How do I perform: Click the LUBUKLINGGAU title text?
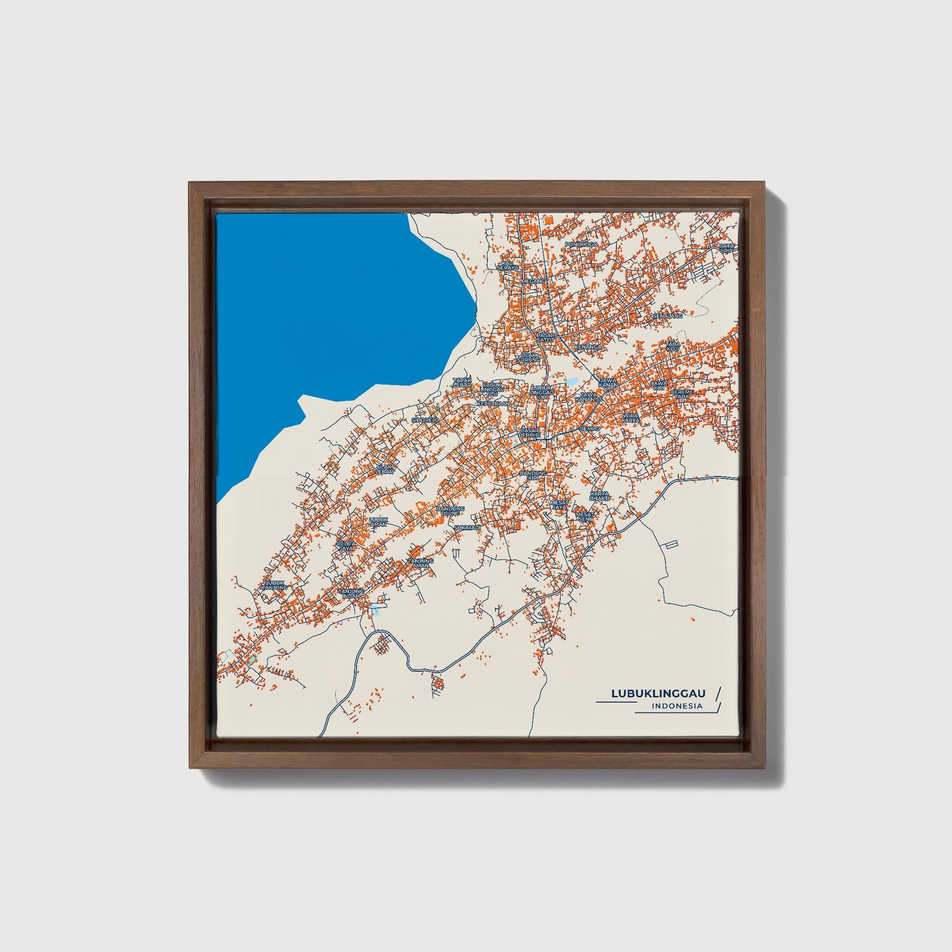[658, 693]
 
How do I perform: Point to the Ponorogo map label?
[581, 244]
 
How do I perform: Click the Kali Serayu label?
[508, 265]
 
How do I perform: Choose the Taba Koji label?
[672, 346]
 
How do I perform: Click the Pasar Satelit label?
[546, 337]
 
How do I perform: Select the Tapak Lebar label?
[462, 382]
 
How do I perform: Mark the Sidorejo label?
[425, 419]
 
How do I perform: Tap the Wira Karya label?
[631, 418]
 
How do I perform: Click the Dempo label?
[590, 429]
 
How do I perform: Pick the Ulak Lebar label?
[383, 470]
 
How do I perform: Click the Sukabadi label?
[468, 527]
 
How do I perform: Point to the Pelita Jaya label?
[345, 546]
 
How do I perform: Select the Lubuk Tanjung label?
[273, 585]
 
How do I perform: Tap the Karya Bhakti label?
[600, 495]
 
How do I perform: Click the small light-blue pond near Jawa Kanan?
[572, 381]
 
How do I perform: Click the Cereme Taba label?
[682, 394]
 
